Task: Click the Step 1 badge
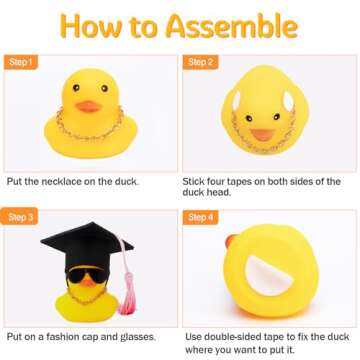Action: click(23, 62)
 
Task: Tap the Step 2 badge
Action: click(199, 62)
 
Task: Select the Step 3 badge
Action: click(23, 216)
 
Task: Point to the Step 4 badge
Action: click(199, 216)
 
